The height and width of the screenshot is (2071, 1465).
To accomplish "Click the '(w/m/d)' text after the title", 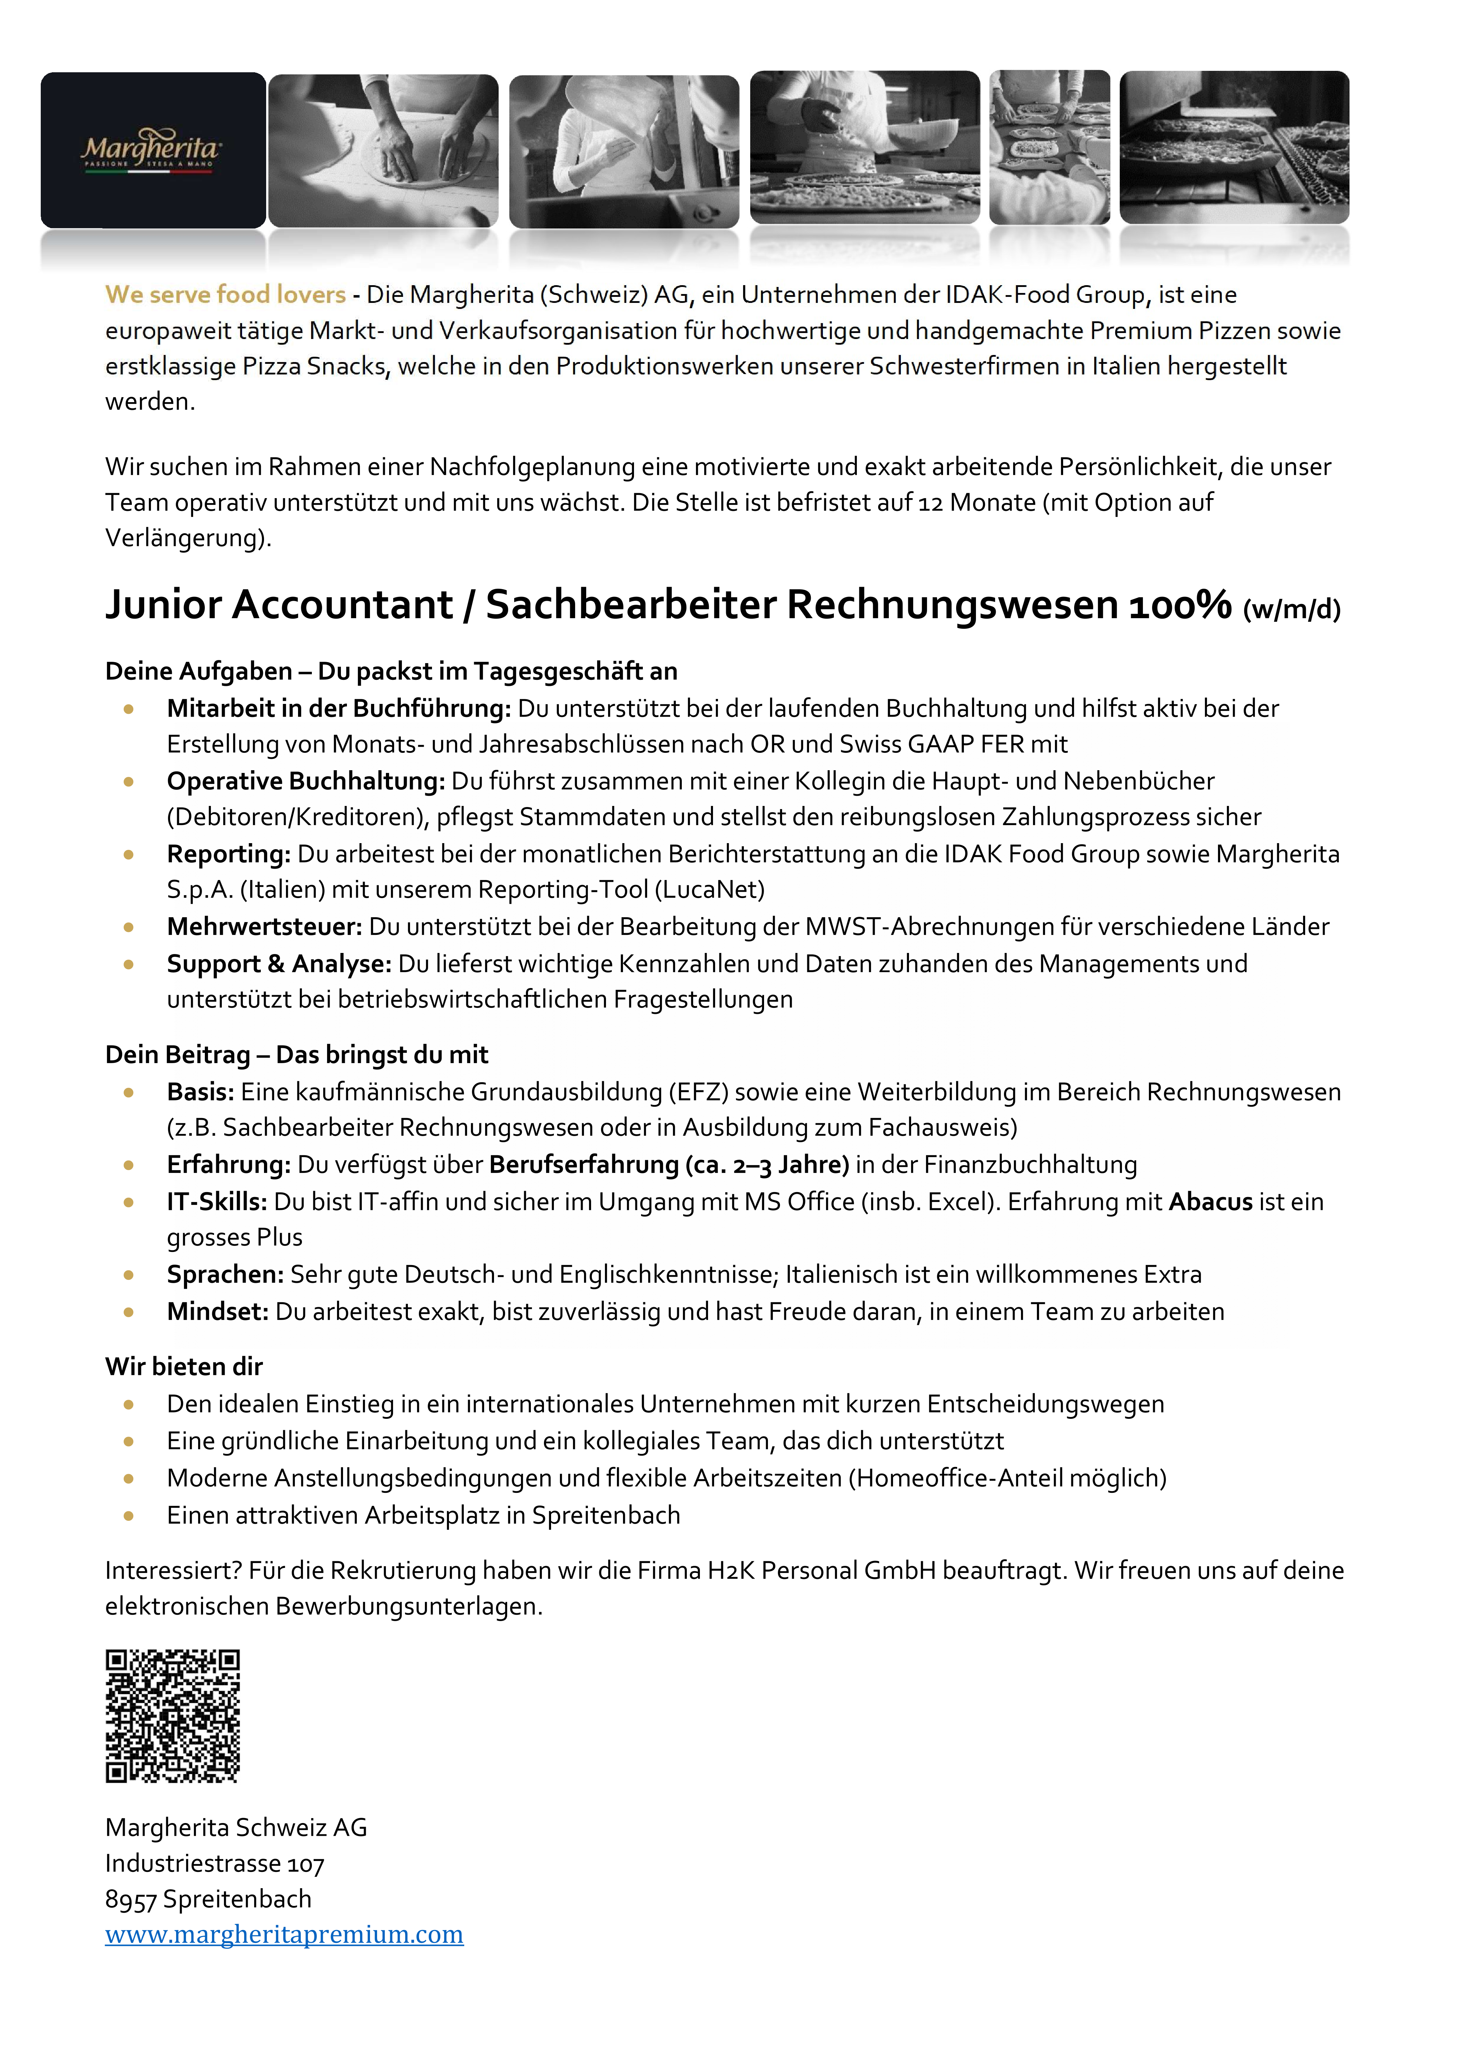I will coord(1292,610).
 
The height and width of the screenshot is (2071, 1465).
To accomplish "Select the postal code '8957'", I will coord(131,1900).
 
